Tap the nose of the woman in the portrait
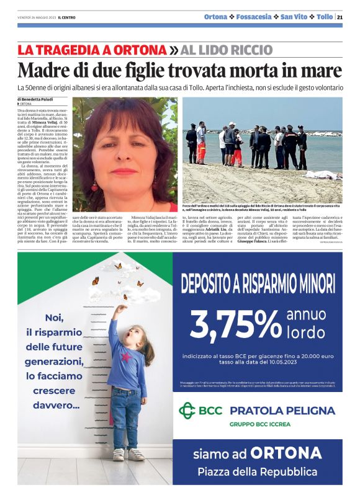click(x=125, y=153)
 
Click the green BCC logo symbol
click(x=187, y=410)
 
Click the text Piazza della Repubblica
click(x=257, y=472)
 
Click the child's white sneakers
click(x=127, y=454)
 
